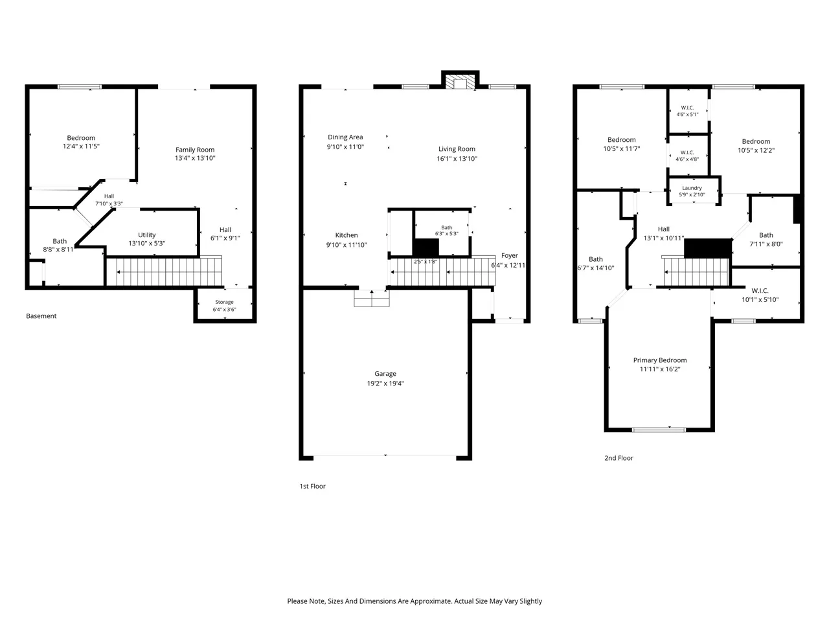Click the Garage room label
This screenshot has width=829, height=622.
point(385,373)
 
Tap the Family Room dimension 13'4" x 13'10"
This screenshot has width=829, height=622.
point(195,158)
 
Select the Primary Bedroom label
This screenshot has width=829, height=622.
point(660,360)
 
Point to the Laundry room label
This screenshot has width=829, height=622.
point(692,188)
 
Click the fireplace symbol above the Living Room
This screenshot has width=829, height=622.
point(460,82)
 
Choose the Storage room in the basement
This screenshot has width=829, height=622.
point(224,305)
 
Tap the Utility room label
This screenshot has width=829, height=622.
point(146,235)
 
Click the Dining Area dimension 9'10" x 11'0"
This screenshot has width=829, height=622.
point(345,146)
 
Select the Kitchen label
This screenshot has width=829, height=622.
point(346,235)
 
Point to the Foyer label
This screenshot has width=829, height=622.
point(510,255)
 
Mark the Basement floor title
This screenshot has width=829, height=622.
point(41,316)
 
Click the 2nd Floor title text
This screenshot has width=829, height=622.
point(619,457)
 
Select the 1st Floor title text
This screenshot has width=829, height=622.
point(312,486)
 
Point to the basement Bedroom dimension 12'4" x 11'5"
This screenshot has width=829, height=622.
point(81,146)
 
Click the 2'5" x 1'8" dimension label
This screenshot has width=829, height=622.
point(426,261)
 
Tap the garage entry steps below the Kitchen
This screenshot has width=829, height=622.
point(372,298)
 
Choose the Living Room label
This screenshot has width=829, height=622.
point(457,149)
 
